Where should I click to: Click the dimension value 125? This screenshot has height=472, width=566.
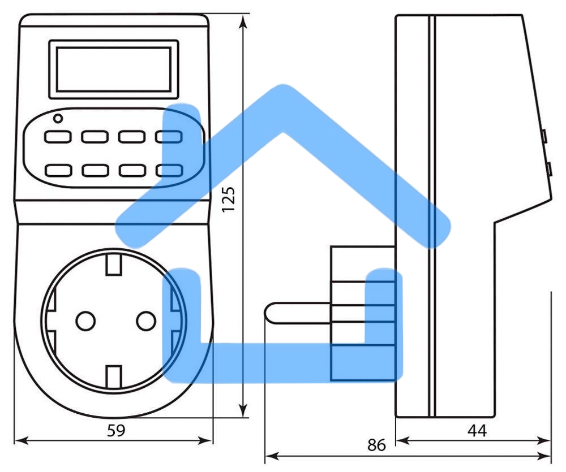click(228, 197)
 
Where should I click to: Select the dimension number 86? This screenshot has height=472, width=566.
click(376, 445)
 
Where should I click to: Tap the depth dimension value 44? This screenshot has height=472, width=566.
click(477, 431)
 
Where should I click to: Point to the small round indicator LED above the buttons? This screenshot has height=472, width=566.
click(57, 119)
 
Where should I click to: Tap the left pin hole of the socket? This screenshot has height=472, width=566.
click(85, 321)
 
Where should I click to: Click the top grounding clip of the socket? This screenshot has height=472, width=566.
click(114, 264)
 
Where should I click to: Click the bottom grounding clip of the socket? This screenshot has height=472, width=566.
click(114, 376)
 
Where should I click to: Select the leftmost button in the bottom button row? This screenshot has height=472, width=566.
click(58, 170)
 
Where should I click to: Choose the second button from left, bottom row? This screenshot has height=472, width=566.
click(95, 170)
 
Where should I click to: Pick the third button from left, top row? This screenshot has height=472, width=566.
click(131, 137)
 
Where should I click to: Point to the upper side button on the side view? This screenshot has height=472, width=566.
click(543, 136)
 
